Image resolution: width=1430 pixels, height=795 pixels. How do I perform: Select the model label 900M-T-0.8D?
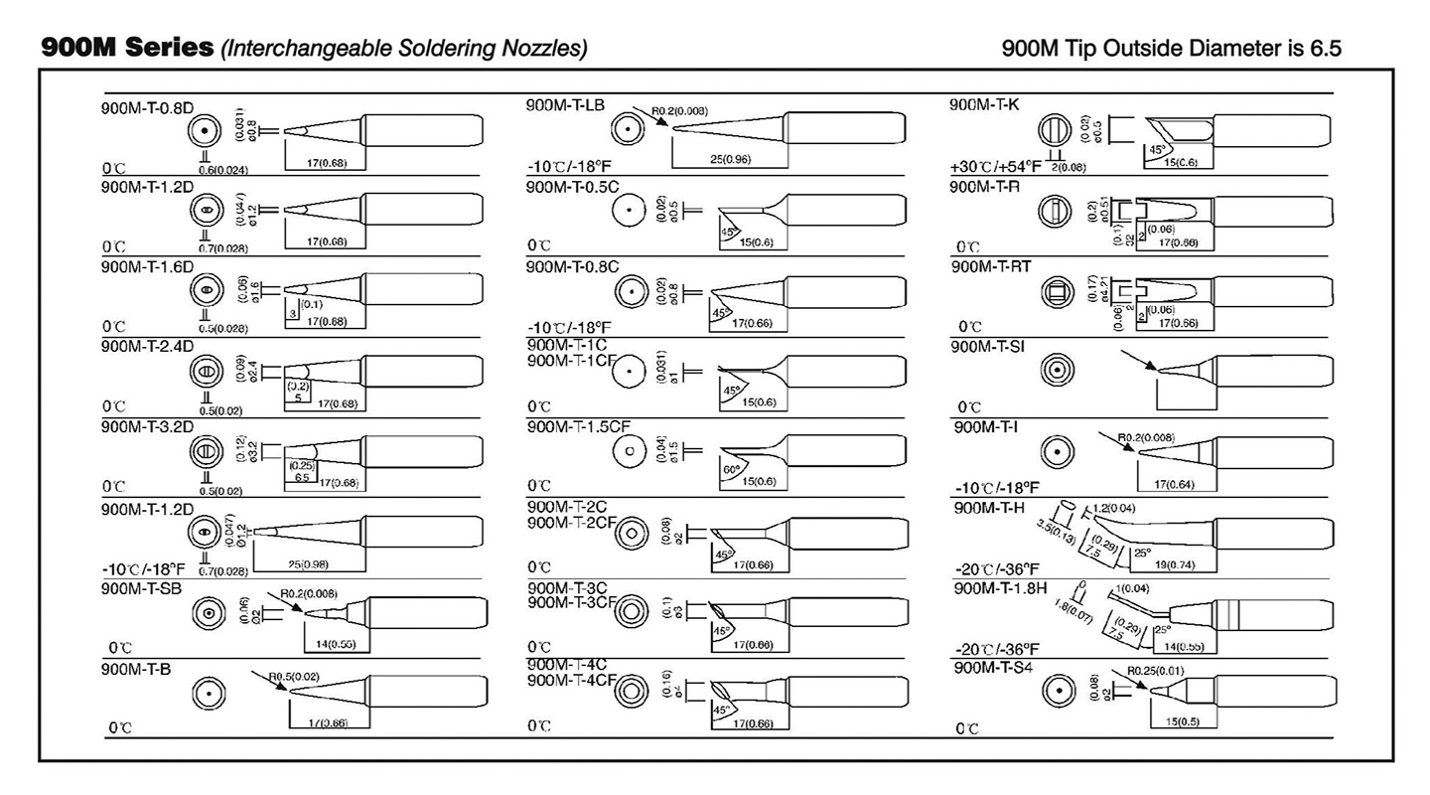click(x=147, y=108)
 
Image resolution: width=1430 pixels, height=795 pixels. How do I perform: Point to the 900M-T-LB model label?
click(x=565, y=105)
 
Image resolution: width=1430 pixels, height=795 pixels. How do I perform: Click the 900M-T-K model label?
click(x=986, y=105)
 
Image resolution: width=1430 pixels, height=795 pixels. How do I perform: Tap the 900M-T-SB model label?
click(x=142, y=587)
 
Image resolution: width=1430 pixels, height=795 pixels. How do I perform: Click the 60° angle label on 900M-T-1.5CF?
click(x=730, y=469)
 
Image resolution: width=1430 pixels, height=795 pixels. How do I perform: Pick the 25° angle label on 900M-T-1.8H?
click(x=1163, y=630)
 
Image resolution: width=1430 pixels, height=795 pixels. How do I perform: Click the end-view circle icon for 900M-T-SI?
click(x=1057, y=371)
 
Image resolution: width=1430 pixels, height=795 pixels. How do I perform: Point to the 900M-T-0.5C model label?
click(x=572, y=186)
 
